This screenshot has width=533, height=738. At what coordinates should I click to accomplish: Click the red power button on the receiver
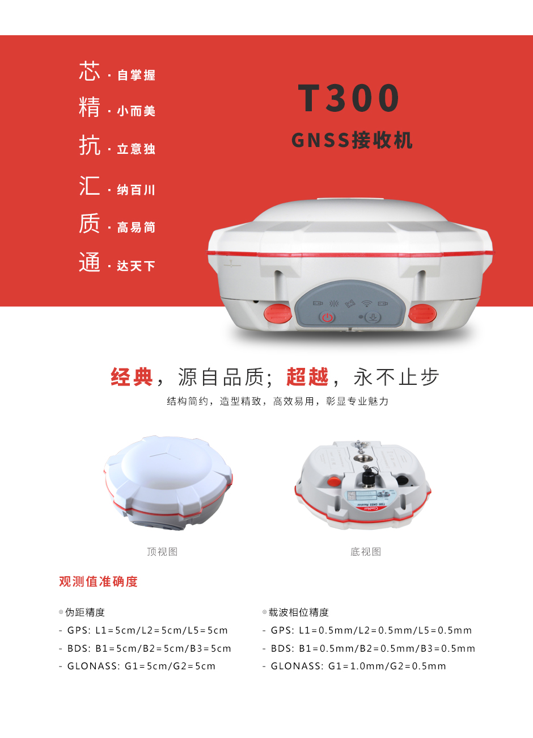(327, 317)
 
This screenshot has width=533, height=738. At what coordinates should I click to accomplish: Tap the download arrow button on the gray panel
(373, 317)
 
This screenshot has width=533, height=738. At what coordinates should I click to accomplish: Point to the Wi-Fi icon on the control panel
(366, 304)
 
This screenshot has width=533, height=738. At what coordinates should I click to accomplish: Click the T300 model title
(348, 98)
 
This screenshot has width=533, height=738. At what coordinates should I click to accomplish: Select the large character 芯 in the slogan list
(90, 70)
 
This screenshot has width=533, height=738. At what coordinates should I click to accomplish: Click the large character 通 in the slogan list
(90, 262)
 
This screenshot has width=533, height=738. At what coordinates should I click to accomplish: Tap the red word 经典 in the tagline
(132, 376)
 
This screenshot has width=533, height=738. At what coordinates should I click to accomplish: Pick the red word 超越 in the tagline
(307, 376)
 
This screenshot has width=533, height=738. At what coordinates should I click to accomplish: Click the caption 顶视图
(162, 552)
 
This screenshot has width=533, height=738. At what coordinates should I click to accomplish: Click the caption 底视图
(366, 552)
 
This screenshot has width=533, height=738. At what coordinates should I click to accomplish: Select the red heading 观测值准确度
(98, 582)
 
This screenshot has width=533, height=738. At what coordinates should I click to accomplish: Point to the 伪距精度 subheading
(85, 613)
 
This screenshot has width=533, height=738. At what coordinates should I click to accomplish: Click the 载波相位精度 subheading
(299, 613)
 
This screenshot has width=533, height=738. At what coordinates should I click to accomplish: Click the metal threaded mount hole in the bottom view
(360, 458)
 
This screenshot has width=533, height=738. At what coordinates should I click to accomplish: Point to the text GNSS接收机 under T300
(352, 140)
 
